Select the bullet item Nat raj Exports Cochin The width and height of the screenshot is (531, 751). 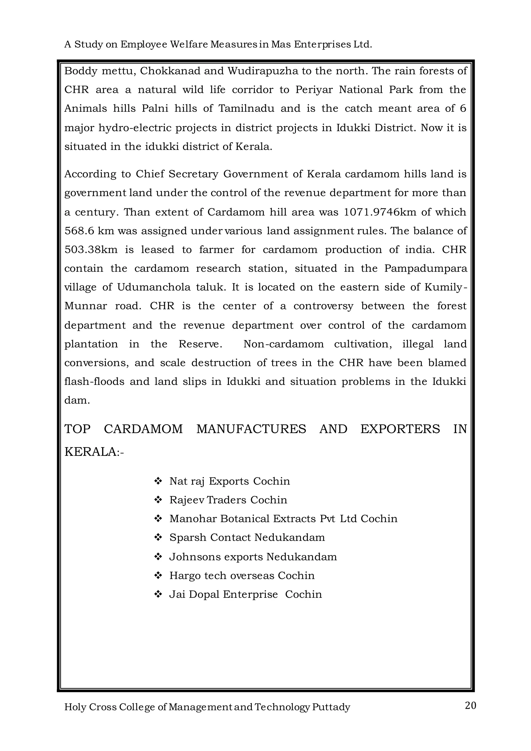(229, 481)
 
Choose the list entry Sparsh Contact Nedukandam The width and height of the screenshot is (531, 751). (247, 537)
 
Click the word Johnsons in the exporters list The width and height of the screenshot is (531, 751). (193, 557)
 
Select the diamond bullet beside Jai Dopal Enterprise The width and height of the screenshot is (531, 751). (158, 594)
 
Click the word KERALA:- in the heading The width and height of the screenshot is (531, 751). (94, 452)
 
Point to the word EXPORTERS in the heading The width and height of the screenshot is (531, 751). (400, 429)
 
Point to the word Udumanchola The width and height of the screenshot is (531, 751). (154, 287)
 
